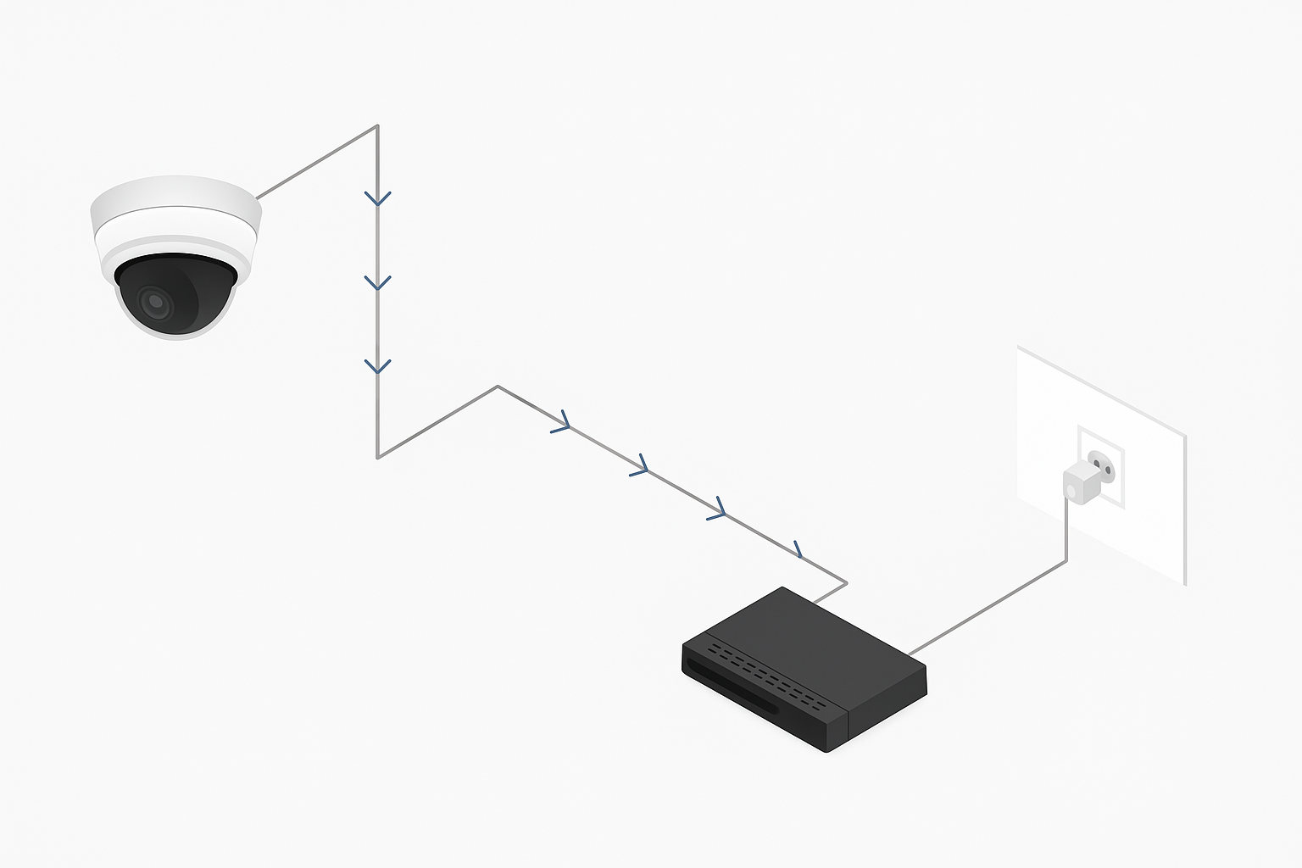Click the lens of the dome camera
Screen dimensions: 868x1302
[155, 301]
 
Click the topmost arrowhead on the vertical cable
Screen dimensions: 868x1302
[377, 199]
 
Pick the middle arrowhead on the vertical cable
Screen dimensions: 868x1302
[377, 283]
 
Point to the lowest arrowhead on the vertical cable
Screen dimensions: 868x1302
[377, 367]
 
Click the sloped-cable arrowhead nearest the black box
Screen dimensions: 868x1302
[798, 549]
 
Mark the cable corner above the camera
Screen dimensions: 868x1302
[377, 126]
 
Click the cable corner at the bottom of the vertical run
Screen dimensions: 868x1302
[377, 457]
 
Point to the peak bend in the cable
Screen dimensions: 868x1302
[498, 387]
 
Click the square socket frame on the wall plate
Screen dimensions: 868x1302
[1101, 467]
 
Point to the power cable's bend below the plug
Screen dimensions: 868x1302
[1066, 561]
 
